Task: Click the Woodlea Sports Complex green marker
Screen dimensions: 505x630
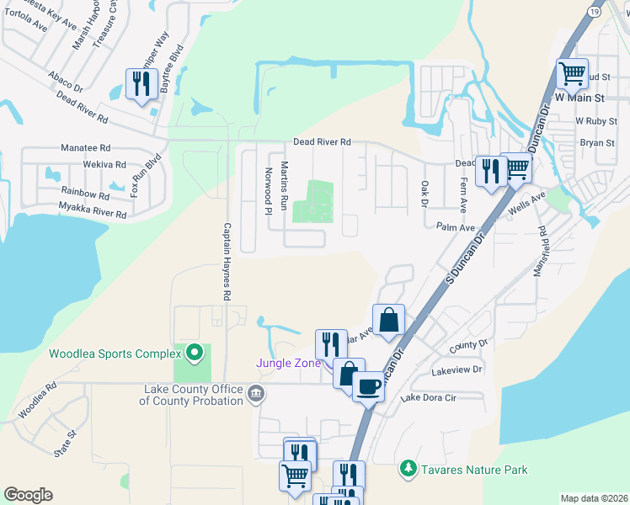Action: pyautogui.click(x=195, y=353)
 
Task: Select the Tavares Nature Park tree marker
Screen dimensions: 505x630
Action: pyautogui.click(x=408, y=469)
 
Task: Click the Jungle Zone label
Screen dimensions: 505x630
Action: pyautogui.click(x=289, y=363)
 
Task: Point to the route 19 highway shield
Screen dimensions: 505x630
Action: pyautogui.click(x=595, y=12)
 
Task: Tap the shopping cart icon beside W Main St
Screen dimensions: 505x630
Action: pyautogui.click(x=572, y=73)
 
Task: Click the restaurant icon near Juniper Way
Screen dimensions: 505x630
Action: pyautogui.click(x=141, y=83)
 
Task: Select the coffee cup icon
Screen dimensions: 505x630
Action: pyautogui.click(x=367, y=386)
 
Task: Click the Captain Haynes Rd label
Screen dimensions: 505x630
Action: pyautogui.click(x=227, y=262)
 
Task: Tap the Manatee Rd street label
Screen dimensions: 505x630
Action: pyautogui.click(x=85, y=147)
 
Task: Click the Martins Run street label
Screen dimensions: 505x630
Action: pyautogui.click(x=285, y=186)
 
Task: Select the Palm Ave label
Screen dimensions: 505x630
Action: pyautogui.click(x=456, y=226)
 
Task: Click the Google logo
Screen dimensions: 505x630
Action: pyautogui.click(x=28, y=495)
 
